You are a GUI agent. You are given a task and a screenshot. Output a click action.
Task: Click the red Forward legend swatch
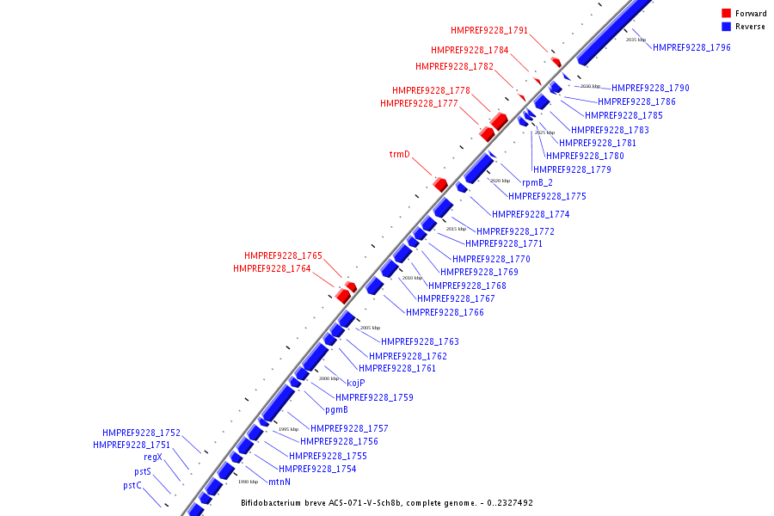(x=727, y=14)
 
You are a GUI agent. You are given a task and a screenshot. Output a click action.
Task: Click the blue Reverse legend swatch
(x=727, y=27)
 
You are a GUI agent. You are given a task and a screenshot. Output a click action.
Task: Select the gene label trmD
(x=400, y=155)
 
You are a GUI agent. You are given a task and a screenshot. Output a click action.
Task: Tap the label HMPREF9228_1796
(x=691, y=47)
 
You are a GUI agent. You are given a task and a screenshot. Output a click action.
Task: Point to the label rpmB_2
(x=537, y=182)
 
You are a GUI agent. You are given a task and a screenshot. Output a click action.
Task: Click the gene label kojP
(x=356, y=383)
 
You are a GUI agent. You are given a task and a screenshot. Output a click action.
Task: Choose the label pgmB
(x=336, y=409)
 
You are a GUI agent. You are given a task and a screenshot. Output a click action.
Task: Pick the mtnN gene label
(x=279, y=482)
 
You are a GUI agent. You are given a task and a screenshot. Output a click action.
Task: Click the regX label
(x=153, y=458)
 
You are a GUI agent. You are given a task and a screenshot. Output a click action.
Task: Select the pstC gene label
(x=132, y=485)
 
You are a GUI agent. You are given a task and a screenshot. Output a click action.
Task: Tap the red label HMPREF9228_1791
(x=489, y=31)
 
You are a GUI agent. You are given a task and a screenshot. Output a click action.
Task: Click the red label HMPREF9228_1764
(x=272, y=269)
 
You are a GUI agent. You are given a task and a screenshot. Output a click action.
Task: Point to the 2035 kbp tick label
(x=636, y=40)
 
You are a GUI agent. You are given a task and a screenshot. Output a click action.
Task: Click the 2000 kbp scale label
(x=329, y=378)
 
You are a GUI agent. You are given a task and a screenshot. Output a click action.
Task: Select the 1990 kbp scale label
(x=248, y=482)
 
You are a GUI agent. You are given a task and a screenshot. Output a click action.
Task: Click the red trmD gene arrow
(x=440, y=184)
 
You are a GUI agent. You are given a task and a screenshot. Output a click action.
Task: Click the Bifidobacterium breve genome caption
(x=386, y=502)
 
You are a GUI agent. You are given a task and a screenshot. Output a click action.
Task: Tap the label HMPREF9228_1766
(x=445, y=312)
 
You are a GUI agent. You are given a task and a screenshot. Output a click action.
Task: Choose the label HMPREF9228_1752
(x=141, y=433)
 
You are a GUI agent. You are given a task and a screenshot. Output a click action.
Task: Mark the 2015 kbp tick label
(x=456, y=229)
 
